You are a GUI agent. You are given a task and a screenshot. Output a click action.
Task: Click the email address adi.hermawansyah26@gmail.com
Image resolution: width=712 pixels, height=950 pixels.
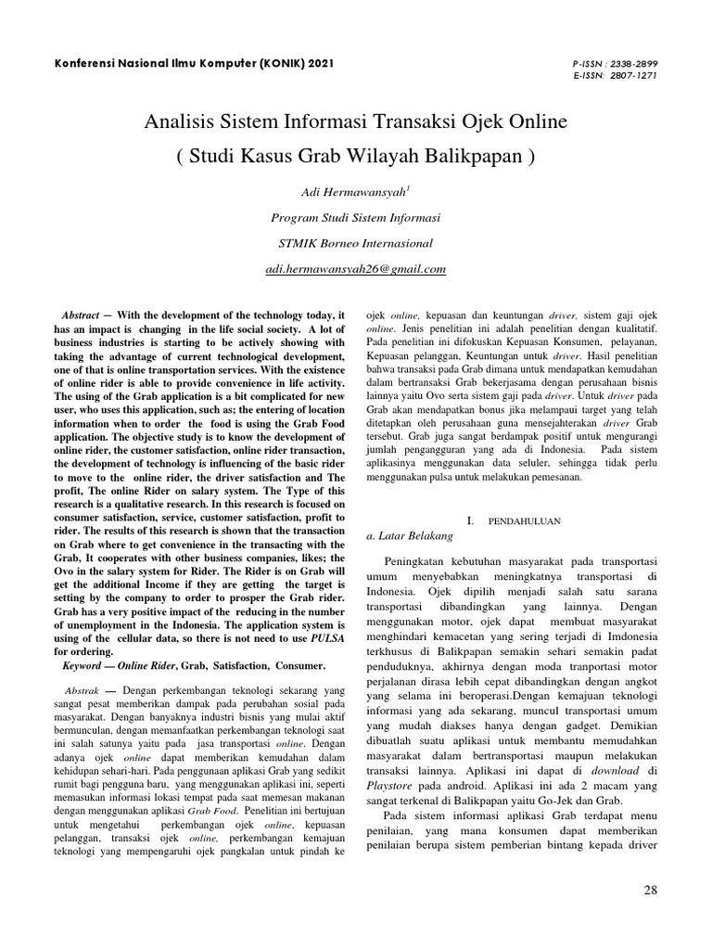(356, 269)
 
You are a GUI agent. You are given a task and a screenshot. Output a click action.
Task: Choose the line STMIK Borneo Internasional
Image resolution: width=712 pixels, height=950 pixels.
(356, 244)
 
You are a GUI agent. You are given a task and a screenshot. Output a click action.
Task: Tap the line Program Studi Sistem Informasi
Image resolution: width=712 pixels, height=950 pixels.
(356, 218)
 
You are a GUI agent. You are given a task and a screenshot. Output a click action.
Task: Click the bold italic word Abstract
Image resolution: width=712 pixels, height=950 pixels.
(80, 316)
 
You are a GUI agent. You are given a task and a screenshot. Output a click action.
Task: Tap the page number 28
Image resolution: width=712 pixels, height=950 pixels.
(649, 891)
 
